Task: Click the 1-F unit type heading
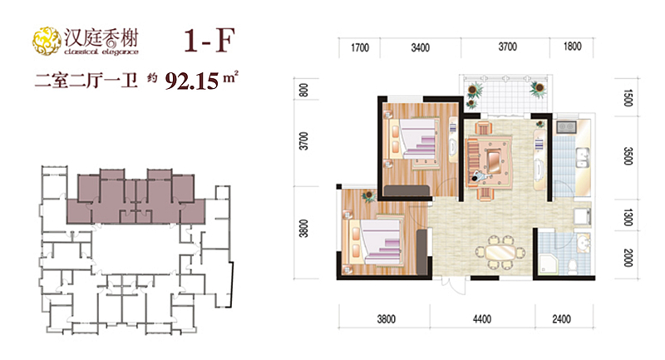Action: click(209, 41)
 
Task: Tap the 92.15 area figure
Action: click(192, 81)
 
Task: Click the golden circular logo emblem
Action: click(47, 41)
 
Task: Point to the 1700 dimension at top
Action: click(360, 47)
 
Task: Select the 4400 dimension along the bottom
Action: click(482, 319)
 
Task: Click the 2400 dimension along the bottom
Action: click(561, 319)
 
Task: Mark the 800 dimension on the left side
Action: click(303, 90)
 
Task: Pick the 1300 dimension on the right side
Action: click(628, 218)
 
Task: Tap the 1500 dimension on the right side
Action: click(628, 97)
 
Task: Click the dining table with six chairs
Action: click(500, 253)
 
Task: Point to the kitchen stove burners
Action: click(566, 126)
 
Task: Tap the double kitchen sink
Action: click(583, 158)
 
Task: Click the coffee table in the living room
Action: click(493, 160)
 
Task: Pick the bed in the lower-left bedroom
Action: click(376, 242)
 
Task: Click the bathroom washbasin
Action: click(584, 244)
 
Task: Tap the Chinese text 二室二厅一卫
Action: click(86, 80)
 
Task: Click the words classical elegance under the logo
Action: click(101, 52)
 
